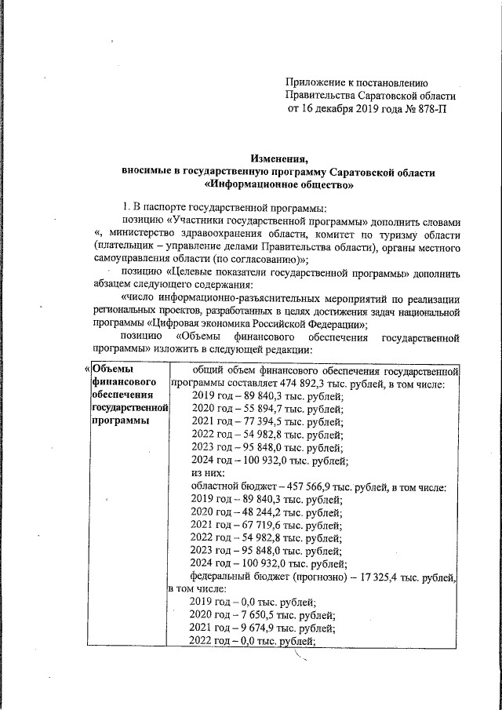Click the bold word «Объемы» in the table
(x=112, y=370)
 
